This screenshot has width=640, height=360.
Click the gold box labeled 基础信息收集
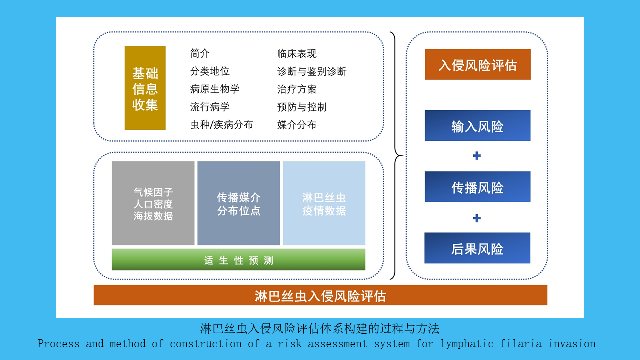pyautogui.click(x=145, y=88)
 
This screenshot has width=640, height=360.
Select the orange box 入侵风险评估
pyautogui.click(x=477, y=64)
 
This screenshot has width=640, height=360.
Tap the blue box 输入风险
pyautogui.click(x=477, y=125)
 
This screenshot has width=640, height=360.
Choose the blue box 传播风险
pyautogui.click(x=477, y=187)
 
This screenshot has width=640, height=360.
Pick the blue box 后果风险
pyautogui.click(x=477, y=248)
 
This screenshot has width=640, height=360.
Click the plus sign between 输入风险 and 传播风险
pyautogui.click(x=477, y=155)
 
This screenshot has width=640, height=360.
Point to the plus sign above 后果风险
pyautogui.click(x=477, y=218)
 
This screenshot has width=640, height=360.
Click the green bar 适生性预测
pyautogui.click(x=238, y=259)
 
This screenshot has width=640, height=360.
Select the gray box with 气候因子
pyautogui.click(x=153, y=203)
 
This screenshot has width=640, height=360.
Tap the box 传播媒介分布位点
pyautogui.click(x=239, y=203)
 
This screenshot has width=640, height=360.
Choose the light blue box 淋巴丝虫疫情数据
pyautogui.click(x=324, y=203)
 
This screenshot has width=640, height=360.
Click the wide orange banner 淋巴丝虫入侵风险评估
pyautogui.click(x=320, y=295)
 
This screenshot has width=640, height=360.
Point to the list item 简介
pyautogui.click(x=200, y=53)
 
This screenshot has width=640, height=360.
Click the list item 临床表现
pyautogui.click(x=297, y=53)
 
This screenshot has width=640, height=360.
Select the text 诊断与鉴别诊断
pyautogui.click(x=312, y=71)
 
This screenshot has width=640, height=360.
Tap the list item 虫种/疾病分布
pyautogui.click(x=221, y=125)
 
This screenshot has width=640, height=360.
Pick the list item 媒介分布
pyautogui.click(x=297, y=125)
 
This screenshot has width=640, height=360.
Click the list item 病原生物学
pyautogui.click(x=215, y=89)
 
